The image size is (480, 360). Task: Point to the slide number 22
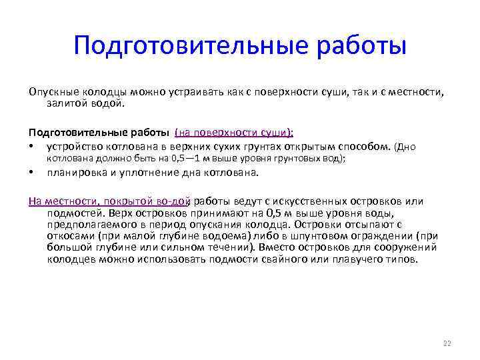click(x=447, y=343)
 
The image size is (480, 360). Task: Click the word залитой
click(x=67, y=103)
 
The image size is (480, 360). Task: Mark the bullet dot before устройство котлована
click(x=31, y=146)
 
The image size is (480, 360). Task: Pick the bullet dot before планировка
click(x=31, y=173)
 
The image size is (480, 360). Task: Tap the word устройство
click(x=73, y=146)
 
